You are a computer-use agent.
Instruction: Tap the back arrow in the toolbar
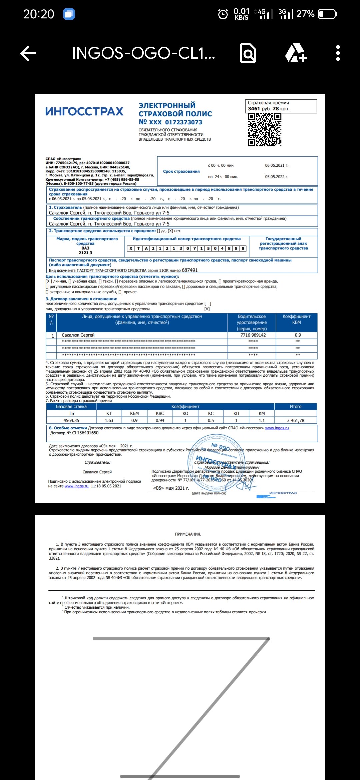(x=28, y=53)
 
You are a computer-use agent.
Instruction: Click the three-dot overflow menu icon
(x=338, y=53)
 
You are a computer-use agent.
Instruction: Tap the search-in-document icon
(x=248, y=53)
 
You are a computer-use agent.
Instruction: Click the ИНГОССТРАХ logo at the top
(x=84, y=112)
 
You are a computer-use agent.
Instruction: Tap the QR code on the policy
(x=264, y=129)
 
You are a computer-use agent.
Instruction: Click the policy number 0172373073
(x=184, y=122)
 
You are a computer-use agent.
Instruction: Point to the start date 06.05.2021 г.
(x=277, y=165)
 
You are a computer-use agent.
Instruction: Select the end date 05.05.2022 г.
(x=277, y=177)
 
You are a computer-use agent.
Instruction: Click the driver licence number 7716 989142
(x=253, y=335)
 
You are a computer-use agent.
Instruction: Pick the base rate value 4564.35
(x=71, y=420)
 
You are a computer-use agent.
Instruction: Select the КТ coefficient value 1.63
(x=109, y=420)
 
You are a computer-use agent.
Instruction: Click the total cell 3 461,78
(x=296, y=420)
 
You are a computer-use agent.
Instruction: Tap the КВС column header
(x=160, y=413)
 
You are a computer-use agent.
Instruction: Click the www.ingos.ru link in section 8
(x=277, y=428)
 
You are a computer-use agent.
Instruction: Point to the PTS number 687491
(x=190, y=270)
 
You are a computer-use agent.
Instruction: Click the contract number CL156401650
(x=85, y=433)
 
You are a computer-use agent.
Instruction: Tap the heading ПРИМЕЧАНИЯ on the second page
(x=188, y=534)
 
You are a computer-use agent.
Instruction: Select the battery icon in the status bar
(x=327, y=14)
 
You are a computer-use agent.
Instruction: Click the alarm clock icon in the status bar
(x=223, y=14)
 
